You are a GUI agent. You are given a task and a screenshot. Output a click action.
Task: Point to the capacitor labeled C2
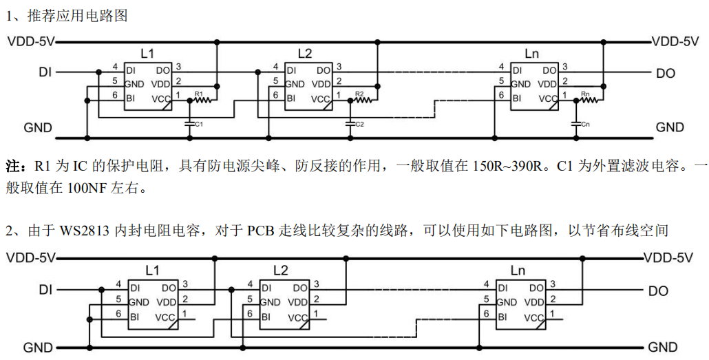pos(350,124)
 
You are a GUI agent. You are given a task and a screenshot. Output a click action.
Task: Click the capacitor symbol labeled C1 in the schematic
pos(189,124)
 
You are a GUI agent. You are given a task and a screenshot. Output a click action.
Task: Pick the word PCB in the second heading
pos(262,230)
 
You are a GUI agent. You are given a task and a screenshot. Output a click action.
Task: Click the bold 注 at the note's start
pos(13,167)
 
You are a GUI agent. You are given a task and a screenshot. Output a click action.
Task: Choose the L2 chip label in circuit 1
pos(304,53)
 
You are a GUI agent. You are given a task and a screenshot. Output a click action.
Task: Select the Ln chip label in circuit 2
pos(518,270)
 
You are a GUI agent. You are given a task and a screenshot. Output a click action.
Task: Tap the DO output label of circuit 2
pos(658,291)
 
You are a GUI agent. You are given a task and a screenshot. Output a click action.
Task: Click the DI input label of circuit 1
pos(46,72)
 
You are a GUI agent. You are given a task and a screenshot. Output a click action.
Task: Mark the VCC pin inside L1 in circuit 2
pos(165,317)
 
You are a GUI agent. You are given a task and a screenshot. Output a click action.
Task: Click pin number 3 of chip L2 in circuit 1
pos(339,66)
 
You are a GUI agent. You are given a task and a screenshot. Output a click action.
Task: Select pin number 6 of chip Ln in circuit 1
pos(502,94)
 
